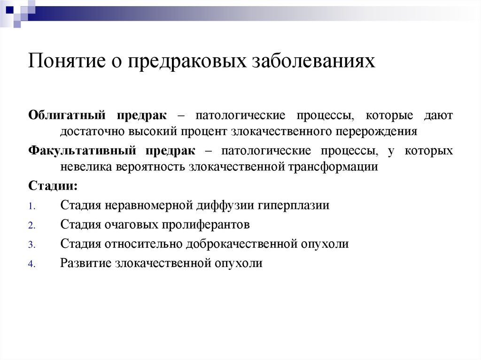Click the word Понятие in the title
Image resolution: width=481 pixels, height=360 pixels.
pos(67,60)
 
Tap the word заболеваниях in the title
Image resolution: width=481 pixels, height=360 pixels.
pos(313,60)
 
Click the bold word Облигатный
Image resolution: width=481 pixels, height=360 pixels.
pos(67,115)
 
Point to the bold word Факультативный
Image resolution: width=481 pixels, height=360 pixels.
pos(82,151)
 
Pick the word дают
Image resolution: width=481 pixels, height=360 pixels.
pos(438,115)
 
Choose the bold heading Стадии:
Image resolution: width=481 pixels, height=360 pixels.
pos(53,186)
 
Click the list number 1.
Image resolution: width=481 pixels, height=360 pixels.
pos(32,207)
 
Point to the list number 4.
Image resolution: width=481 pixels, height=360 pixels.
pos(32,264)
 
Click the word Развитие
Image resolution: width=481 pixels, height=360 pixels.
pos(85,263)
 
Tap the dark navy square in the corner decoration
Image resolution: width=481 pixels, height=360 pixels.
pos(10,10)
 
